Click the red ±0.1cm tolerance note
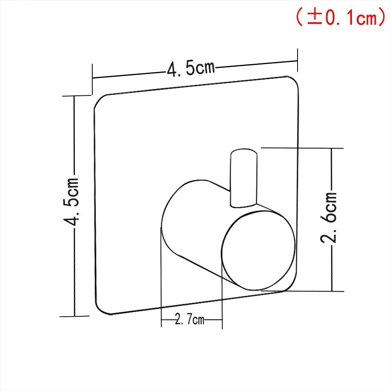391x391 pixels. (341, 17)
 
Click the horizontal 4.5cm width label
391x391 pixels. (191, 68)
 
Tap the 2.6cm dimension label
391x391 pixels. (328, 217)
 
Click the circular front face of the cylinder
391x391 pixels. (258, 251)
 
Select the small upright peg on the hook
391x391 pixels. (244, 178)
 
